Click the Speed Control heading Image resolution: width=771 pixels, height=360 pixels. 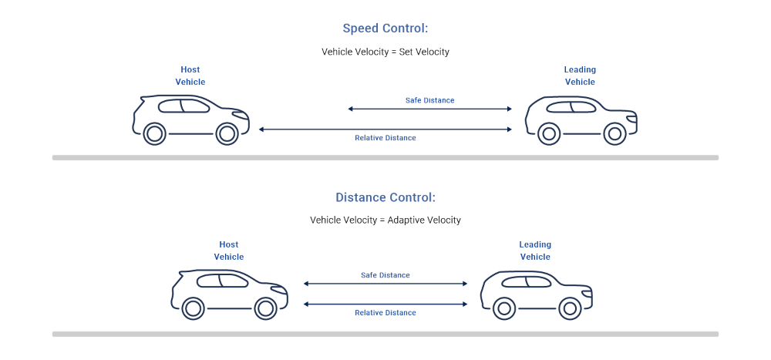pos(385,29)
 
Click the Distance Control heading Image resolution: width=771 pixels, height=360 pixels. pos(385,197)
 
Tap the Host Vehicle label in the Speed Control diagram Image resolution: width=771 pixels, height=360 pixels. pos(190,76)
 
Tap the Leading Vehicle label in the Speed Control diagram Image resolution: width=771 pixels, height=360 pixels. pos(580,76)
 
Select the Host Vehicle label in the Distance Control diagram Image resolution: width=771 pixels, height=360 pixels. pos(229,251)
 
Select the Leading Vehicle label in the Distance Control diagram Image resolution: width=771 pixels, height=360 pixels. pos(535,251)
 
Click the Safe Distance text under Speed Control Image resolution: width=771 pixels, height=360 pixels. pos(429,100)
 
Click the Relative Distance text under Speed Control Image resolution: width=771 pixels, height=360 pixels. pos(385,138)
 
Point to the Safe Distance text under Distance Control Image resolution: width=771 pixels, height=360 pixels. pos(385,275)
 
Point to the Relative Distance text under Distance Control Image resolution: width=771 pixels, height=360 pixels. pos(385,313)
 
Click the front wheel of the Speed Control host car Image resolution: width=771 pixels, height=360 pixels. pos(226,133)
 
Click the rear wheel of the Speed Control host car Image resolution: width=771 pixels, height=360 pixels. pos(154,133)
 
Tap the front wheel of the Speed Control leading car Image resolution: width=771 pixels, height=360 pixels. pos(614,133)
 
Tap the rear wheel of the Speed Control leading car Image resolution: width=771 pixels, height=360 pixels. pos(548,133)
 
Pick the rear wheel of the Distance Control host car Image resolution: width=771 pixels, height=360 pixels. pos(194,308)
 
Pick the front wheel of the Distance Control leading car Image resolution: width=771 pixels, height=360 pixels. pos(570,308)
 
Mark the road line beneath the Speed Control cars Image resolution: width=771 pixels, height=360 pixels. pos(385,157)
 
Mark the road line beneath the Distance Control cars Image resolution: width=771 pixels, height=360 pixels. pos(385,334)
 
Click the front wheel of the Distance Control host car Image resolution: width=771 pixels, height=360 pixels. pos(264,308)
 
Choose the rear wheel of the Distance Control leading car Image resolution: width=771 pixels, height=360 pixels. pos(503,308)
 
